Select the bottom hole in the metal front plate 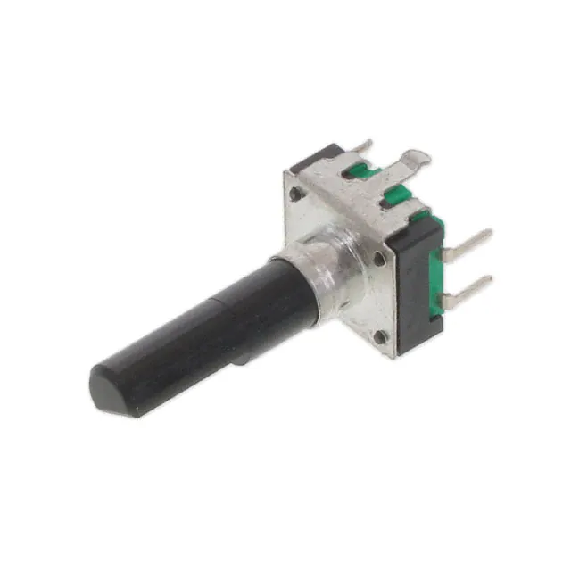pos(379,336)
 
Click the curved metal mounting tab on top pos(411,161)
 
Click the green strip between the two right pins pos(438,268)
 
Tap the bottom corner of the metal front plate pos(393,355)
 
